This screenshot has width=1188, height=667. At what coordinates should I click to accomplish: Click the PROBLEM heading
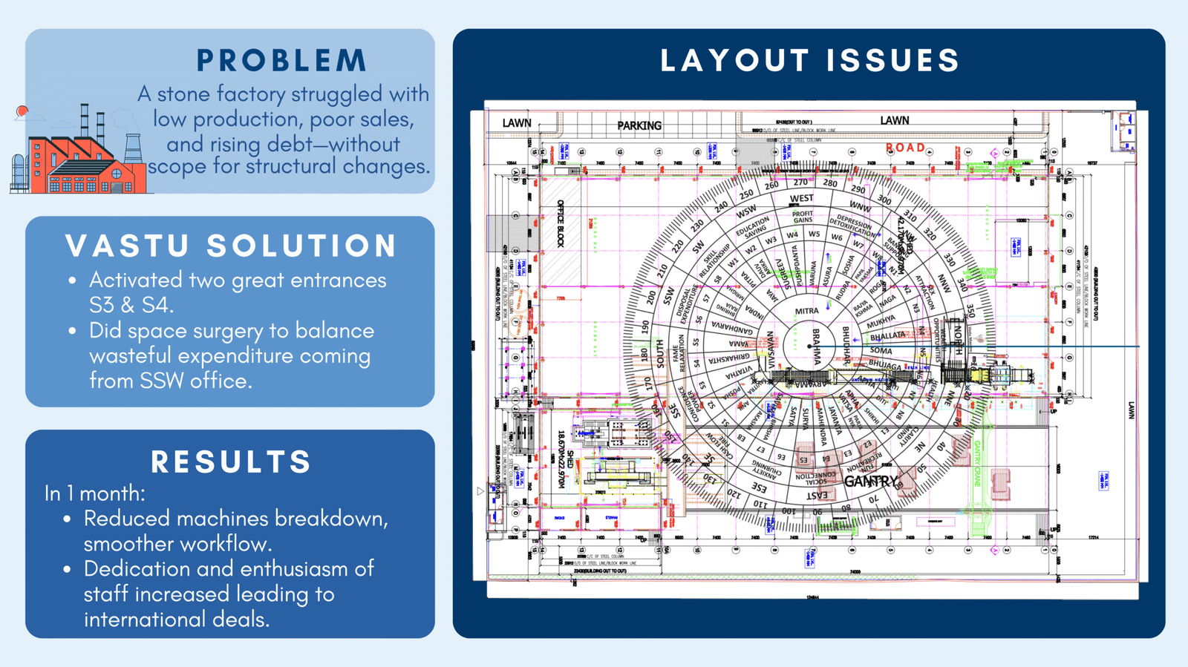pyautogui.click(x=281, y=61)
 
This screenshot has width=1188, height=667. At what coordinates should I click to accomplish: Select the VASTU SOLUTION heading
pyautogui.click(x=231, y=246)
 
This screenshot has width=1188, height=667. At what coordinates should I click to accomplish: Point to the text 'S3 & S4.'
pyautogui.click(x=131, y=305)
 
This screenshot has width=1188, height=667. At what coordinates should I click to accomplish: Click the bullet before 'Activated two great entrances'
pyautogui.click(x=72, y=281)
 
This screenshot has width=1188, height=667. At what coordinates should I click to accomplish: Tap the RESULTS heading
pyautogui.click(x=231, y=461)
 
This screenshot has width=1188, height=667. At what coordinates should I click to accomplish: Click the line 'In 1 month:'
pyautogui.click(x=94, y=493)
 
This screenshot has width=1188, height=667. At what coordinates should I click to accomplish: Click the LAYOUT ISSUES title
pyautogui.click(x=810, y=61)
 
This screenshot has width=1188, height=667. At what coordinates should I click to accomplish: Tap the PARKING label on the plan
pyautogui.click(x=639, y=125)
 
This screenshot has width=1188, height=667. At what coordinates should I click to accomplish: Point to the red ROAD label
pyautogui.click(x=905, y=148)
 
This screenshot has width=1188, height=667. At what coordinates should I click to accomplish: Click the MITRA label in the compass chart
pyautogui.click(x=806, y=312)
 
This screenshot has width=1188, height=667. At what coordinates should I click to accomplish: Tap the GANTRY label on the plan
pyautogui.click(x=870, y=482)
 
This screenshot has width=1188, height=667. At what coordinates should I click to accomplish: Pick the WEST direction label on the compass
pyautogui.click(x=801, y=198)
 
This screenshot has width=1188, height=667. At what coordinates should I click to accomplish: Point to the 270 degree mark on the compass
pyautogui.click(x=800, y=183)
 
